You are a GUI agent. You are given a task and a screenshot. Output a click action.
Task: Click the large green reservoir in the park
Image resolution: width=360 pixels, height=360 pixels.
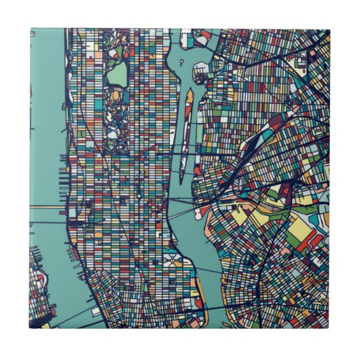[117, 73]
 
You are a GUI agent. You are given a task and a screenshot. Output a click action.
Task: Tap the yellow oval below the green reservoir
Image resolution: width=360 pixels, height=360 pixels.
[115, 96]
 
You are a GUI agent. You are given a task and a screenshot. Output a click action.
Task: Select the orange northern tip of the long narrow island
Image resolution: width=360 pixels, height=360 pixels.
[190, 93]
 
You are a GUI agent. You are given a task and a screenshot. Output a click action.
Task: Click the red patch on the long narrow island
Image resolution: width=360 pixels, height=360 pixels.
[183, 122]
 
